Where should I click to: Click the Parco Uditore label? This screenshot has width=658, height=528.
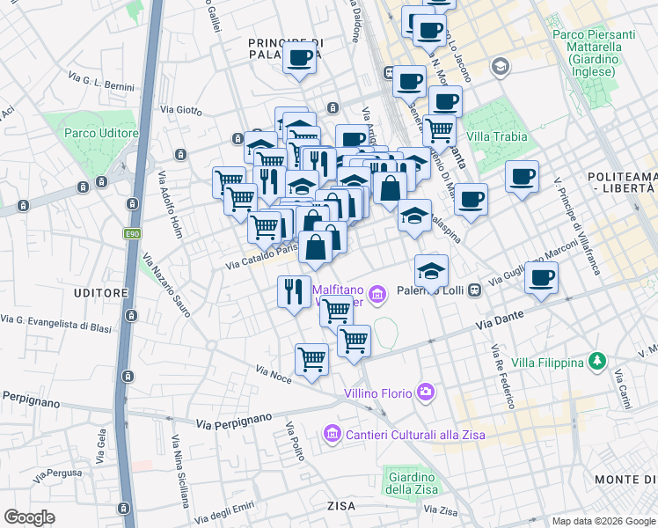pos(101,133)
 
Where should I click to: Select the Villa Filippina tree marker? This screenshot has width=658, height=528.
pos(598,362)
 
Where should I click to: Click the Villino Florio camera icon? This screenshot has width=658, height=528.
pos(427,392)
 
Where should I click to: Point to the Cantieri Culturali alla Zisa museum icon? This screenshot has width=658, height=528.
pos(333,434)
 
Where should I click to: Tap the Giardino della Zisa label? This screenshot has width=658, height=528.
pos(409,484)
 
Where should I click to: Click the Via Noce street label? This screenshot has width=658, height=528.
pos(273,373)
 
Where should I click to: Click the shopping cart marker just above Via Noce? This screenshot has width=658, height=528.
pos(311,359)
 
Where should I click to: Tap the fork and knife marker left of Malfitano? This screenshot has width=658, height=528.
pos(293,290)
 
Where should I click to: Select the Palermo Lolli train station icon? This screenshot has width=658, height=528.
pos(474,290)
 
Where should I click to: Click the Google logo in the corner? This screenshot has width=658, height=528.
pos(31,517)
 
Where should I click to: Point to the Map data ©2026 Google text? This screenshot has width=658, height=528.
pos(602,521)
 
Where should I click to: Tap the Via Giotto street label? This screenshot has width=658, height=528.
pos(180,110)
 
